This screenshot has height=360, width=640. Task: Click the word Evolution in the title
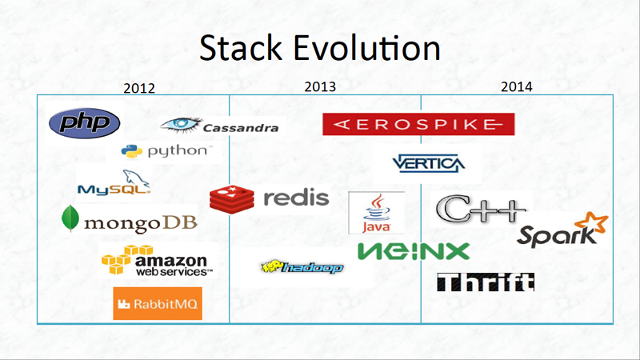click(366, 48)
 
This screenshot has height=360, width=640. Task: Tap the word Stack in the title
click(241, 48)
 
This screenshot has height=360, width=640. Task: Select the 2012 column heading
click(139, 88)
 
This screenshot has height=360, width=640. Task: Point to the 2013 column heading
click(320, 86)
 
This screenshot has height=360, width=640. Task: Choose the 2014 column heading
click(516, 86)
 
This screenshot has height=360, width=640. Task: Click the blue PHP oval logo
click(85, 123)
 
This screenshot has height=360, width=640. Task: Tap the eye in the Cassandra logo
click(182, 125)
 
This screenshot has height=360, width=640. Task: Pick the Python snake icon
click(131, 151)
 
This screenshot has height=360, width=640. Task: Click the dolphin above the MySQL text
click(136, 178)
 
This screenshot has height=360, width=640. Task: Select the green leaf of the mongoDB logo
click(70, 218)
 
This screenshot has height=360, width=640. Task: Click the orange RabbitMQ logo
click(158, 303)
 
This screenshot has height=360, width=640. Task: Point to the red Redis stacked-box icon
click(232, 199)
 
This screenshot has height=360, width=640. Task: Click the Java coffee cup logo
click(376, 212)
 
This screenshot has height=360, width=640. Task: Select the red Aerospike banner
click(418, 124)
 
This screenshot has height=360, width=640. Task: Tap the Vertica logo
click(428, 164)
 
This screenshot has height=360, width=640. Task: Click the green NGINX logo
click(414, 251)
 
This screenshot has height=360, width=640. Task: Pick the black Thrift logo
click(486, 282)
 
